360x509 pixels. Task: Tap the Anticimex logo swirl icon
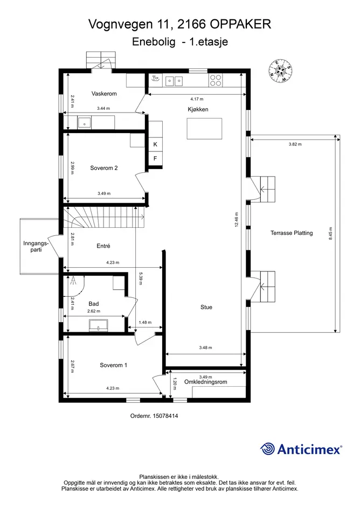268,449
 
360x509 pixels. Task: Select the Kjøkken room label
198,109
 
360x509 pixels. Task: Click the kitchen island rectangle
204,129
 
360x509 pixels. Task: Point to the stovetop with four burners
216,80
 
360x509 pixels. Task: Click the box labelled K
155,144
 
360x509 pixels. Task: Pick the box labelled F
155,159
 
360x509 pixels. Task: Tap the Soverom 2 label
104,168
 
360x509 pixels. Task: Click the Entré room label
103,246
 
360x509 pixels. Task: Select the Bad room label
94,304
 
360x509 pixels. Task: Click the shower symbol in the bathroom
73,281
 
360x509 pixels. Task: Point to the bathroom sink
99,325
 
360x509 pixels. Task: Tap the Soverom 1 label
113,365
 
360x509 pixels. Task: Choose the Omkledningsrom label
206,382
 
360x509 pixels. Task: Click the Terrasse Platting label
292,233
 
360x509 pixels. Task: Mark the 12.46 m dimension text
237,219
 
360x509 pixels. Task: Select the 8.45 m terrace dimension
331,233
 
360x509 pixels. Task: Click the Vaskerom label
104,94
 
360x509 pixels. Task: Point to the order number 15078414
165,416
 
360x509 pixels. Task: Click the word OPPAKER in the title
241,24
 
